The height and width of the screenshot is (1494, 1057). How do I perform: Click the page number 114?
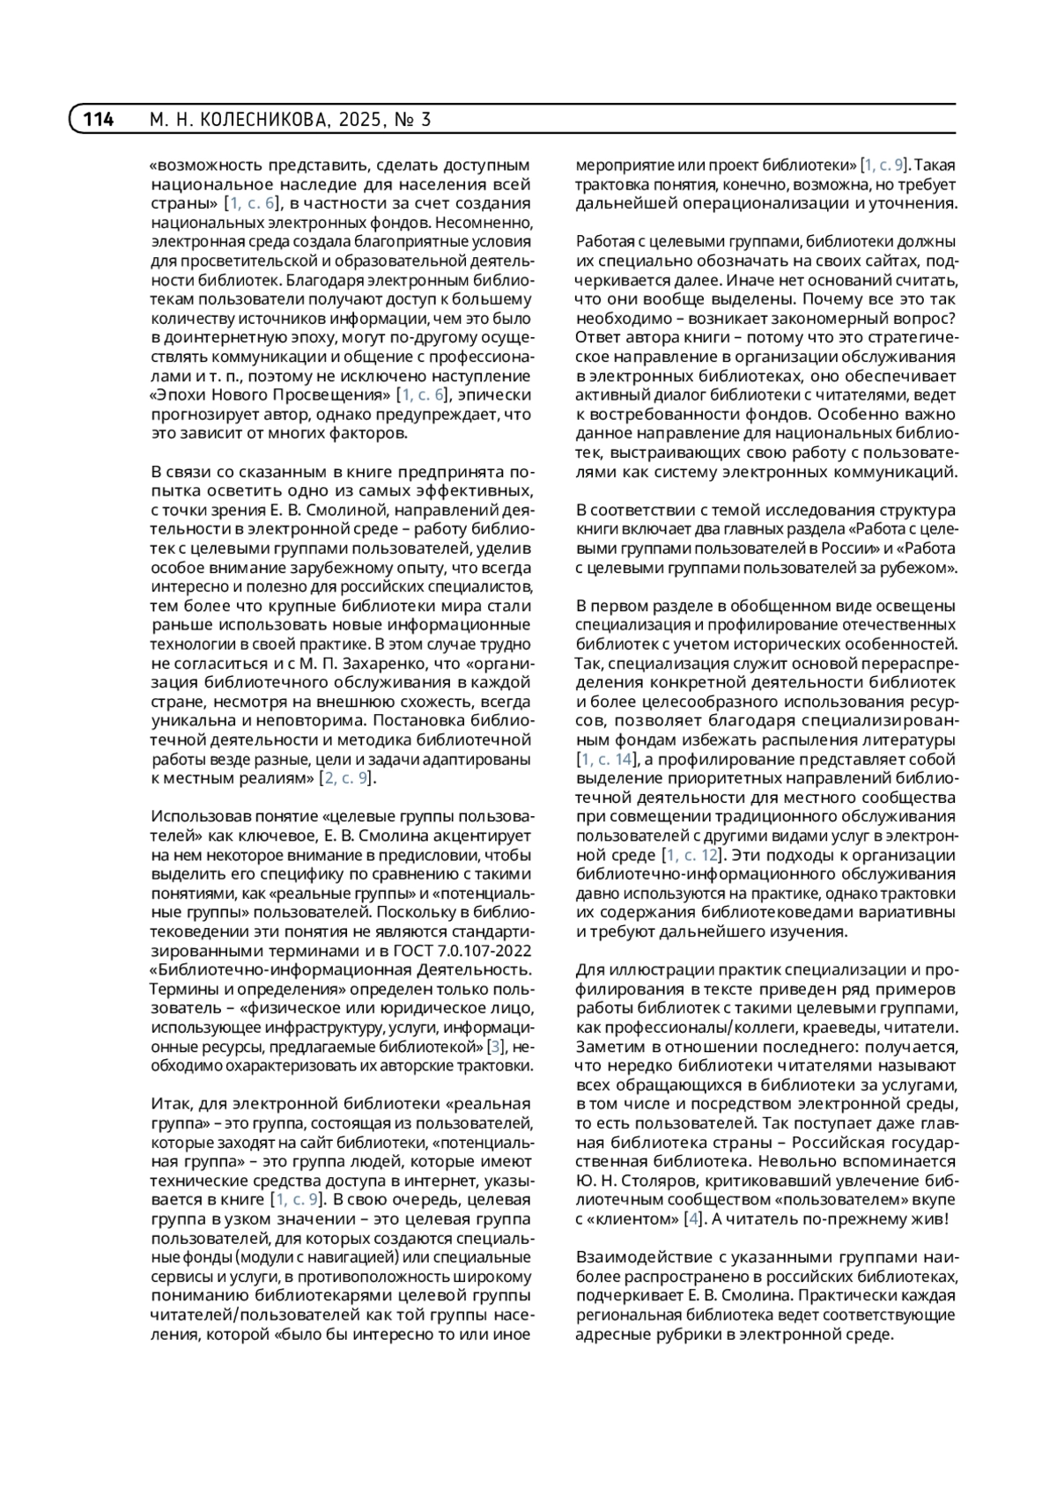[99, 120]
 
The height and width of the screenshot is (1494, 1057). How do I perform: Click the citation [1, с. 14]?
[605, 759]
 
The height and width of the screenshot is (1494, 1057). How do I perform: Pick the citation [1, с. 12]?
[692, 855]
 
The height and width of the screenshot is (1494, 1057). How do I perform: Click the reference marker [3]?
[497, 1046]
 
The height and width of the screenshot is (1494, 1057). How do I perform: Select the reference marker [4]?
[695, 1218]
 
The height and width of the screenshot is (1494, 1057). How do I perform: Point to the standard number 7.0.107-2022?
[483, 951]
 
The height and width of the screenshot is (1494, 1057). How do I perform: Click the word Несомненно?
[485, 222]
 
